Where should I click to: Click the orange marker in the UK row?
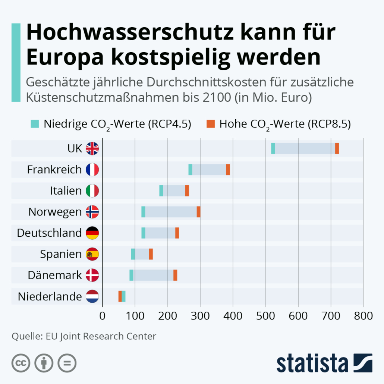pyautogui.click(x=337, y=148)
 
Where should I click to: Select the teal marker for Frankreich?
pyautogui.click(x=191, y=170)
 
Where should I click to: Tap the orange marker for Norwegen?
pyautogui.click(x=199, y=212)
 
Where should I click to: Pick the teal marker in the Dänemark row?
pyautogui.click(x=131, y=275)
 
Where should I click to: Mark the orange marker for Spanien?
pyautogui.click(x=151, y=254)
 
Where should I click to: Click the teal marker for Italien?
pyautogui.click(x=161, y=191)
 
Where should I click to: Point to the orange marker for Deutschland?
pyautogui.click(x=177, y=233)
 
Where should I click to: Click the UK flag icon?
pyautogui.click(x=92, y=148)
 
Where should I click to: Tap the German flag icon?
pyautogui.click(x=92, y=233)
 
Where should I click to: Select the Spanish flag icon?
pyautogui.click(x=92, y=254)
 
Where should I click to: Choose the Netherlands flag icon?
pyautogui.click(x=92, y=297)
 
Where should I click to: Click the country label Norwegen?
pyautogui.click(x=55, y=212)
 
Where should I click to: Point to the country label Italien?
pyautogui.click(x=66, y=191)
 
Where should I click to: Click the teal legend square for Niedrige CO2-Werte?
pyautogui.click(x=35, y=123)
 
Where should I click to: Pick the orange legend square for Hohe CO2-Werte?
pyautogui.click(x=211, y=123)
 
